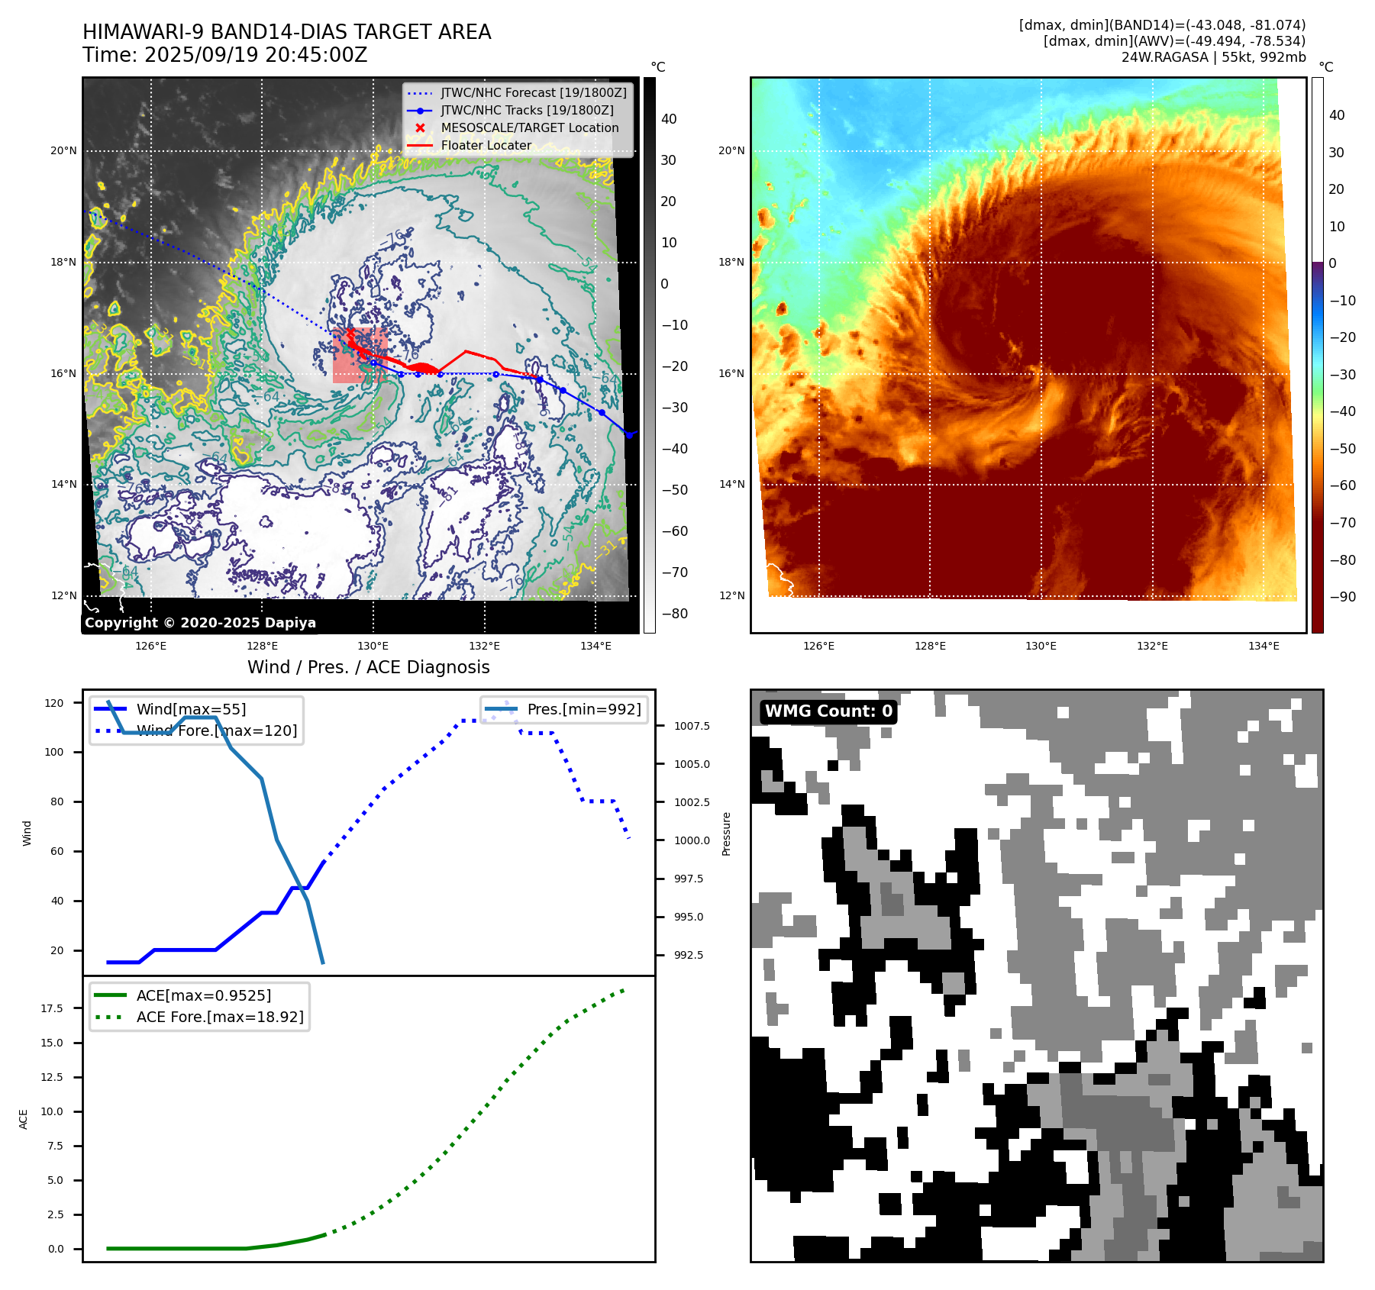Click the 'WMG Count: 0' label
(828, 711)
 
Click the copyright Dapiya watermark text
(200, 623)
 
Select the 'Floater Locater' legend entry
(486, 145)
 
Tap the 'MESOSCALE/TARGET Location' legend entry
(529, 127)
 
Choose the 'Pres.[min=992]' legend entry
(583, 709)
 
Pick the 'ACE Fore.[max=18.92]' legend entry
(219, 1017)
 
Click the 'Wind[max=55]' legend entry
(191, 709)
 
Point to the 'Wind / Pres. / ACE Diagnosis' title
(368, 667)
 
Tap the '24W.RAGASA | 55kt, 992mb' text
(1213, 57)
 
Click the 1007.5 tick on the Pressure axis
(692, 726)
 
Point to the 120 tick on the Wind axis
(54, 703)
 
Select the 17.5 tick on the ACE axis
(52, 1008)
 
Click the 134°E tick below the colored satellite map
(1264, 646)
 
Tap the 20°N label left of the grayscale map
(63, 150)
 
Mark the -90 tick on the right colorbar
(1342, 597)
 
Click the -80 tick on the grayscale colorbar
(674, 614)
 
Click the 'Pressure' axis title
(727, 834)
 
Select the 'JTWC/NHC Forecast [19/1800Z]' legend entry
(533, 92)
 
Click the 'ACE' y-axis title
(24, 1119)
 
